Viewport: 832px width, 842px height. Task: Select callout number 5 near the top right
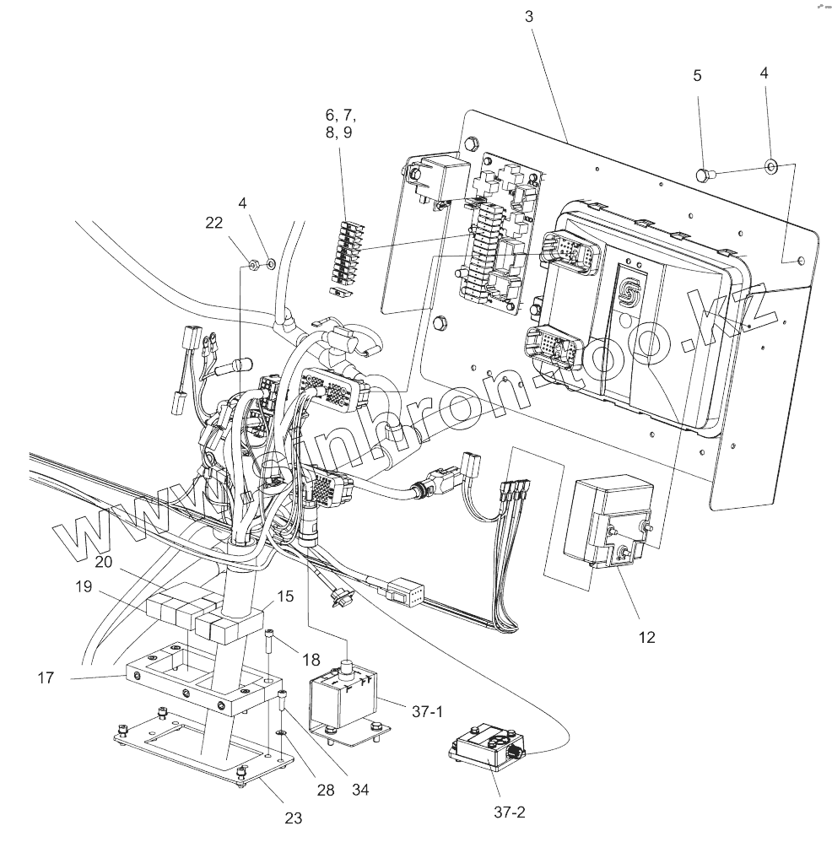pyautogui.click(x=697, y=75)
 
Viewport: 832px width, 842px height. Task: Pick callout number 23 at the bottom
pyautogui.click(x=293, y=817)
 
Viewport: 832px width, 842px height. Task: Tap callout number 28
pyautogui.click(x=326, y=790)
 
